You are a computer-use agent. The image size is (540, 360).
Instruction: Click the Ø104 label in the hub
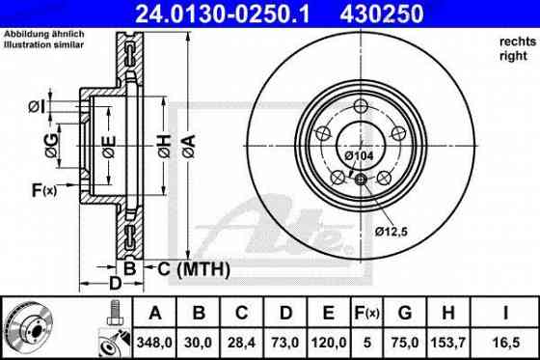tap(359, 155)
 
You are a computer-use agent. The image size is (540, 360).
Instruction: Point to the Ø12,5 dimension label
tap(391, 230)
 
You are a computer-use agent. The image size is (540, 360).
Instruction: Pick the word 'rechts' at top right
tap(516, 41)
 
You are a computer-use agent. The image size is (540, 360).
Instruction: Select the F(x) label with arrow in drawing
tap(42, 190)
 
